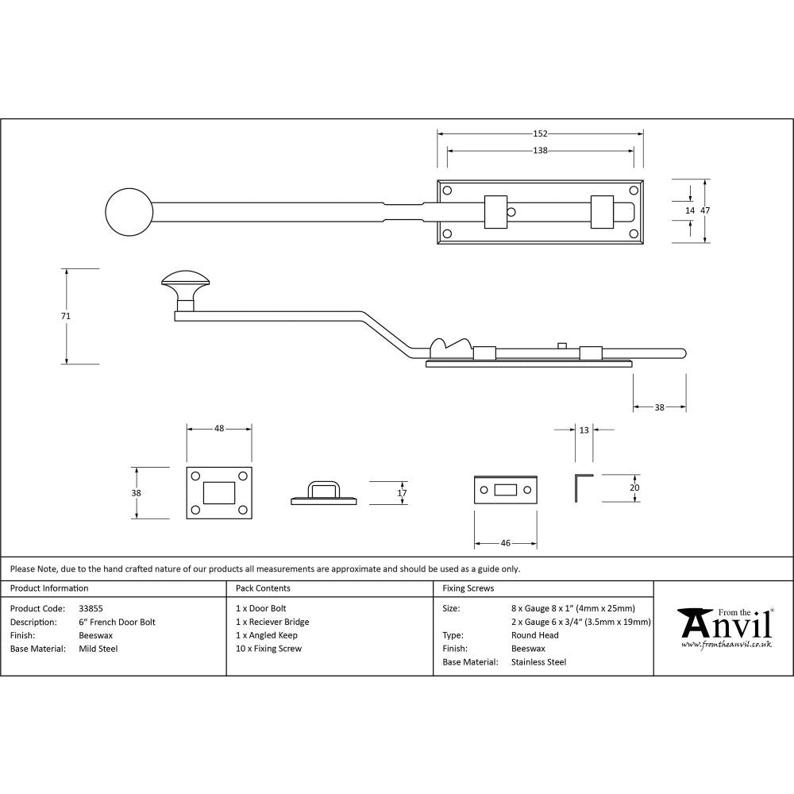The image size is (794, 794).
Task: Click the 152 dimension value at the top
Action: pos(541,134)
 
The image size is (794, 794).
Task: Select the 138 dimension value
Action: pos(541,151)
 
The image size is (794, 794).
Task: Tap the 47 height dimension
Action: pos(706,210)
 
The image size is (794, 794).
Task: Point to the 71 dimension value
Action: pos(66,316)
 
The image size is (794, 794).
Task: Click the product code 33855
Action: pos(91,608)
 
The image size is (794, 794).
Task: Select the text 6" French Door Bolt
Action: pos(117,622)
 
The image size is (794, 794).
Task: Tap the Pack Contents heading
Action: pos(263,588)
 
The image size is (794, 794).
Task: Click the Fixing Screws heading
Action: pos(468,588)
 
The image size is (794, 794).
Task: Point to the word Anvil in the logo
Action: pos(726,625)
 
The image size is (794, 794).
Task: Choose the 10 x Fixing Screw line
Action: pos(269,649)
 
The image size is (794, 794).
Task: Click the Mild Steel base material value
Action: pos(98,649)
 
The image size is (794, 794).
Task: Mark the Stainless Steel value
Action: pos(538,662)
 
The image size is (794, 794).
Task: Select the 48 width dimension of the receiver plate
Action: pos(219,429)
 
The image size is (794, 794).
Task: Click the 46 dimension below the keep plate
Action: pos(505,544)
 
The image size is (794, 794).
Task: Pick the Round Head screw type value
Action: pos(534,635)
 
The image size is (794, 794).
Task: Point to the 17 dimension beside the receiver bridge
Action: pos(401,493)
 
